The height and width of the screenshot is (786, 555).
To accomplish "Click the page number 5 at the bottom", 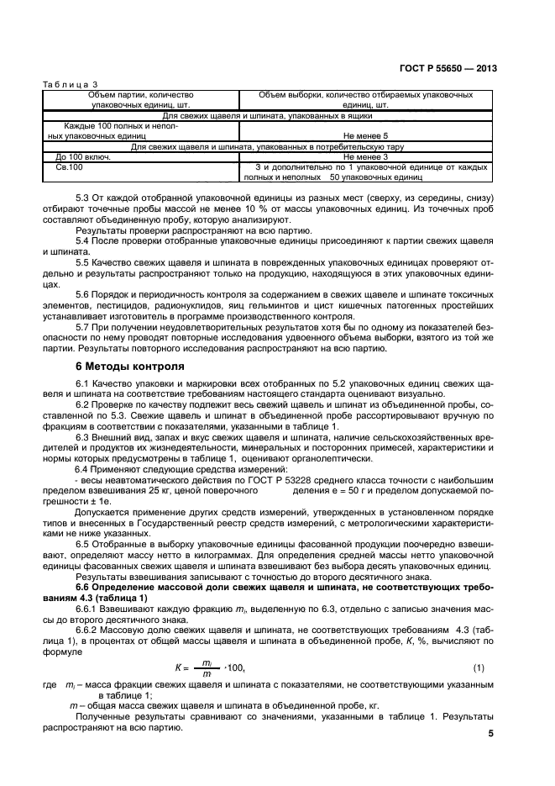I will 490,734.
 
